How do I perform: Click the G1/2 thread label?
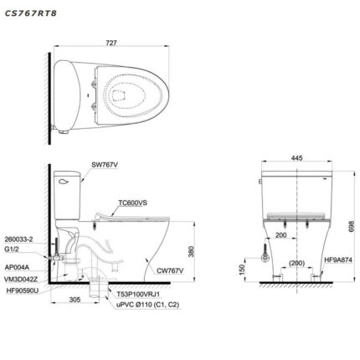point(13,248)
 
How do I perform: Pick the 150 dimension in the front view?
point(242,269)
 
